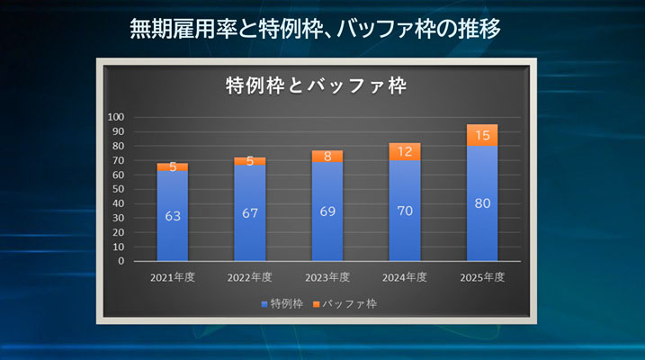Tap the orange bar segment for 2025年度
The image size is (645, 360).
(482, 135)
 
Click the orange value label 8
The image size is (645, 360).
(327, 157)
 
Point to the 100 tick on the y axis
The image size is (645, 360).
(116, 117)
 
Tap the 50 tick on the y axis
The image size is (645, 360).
(119, 189)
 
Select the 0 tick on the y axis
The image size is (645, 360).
(121, 261)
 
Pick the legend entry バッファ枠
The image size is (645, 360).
(346, 303)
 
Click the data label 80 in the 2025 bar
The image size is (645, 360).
(482, 203)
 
